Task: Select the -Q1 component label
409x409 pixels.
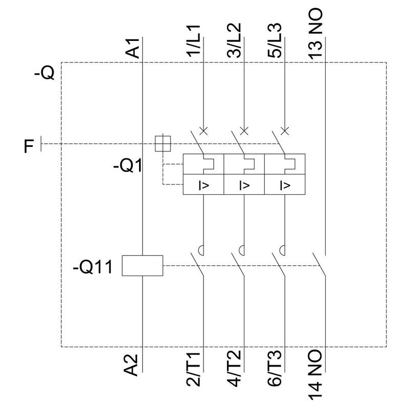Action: click(x=127, y=167)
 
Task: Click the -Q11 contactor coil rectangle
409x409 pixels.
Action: click(x=142, y=266)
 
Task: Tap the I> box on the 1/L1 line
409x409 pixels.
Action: click(x=203, y=185)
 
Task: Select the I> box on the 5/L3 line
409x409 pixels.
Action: click(x=285, y=185)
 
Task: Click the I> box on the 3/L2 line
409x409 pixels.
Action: click(x=244, y=185)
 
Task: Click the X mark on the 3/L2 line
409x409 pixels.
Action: click(x=244, y=131)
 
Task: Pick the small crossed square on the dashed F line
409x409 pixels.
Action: click(x=163, y=144)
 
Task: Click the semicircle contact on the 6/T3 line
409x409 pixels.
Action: click(x=283, y=250)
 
